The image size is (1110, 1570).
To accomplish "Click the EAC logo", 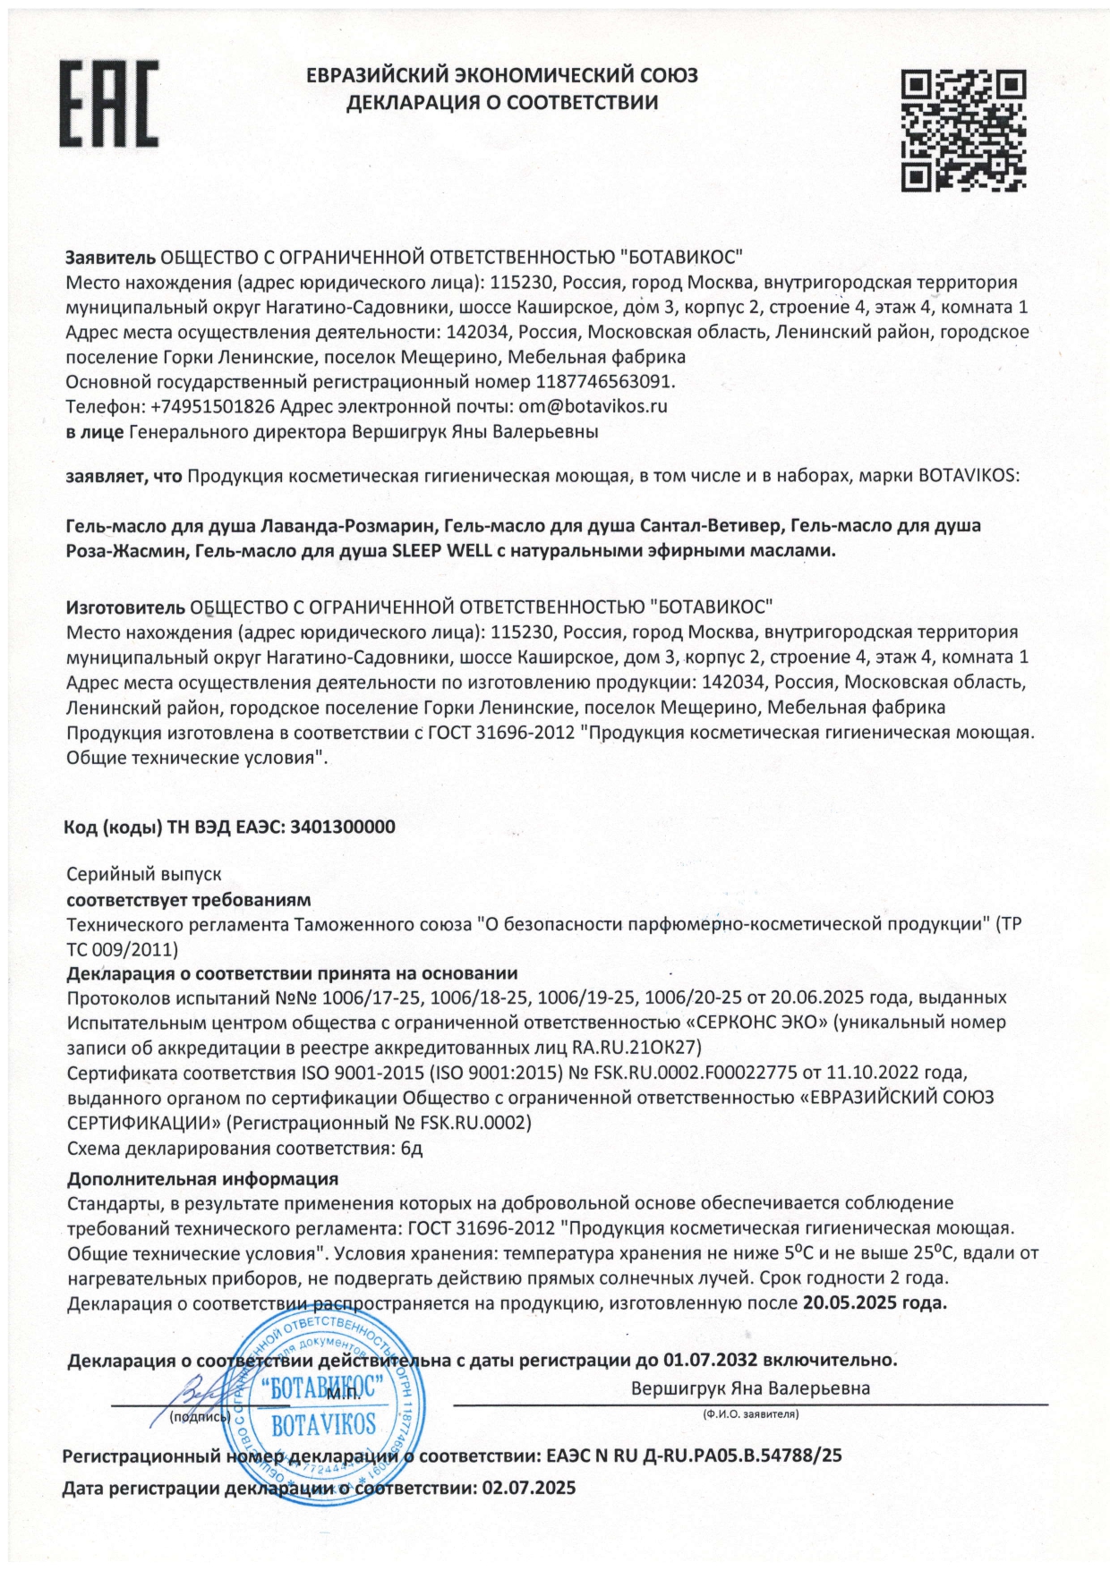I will pos(109,105).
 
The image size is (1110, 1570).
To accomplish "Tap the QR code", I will pos(963,131).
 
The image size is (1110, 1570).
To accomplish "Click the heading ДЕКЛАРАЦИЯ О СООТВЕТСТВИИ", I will pos(502,103).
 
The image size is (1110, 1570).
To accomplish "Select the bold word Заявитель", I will pos(111,258).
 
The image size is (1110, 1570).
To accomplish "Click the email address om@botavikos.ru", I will pos(593,406).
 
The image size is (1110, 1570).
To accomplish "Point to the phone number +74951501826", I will pos(212,406).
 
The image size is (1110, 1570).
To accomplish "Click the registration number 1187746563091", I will pos(603,381).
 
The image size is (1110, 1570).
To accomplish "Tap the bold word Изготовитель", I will pos(126,607).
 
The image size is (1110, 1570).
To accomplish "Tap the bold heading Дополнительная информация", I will pos(202,1178).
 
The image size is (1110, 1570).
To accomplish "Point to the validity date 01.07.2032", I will pos(710,1360).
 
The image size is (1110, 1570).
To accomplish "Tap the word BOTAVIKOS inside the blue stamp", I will pos(324,1423).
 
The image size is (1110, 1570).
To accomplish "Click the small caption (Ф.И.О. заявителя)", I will pos(750,1415).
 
